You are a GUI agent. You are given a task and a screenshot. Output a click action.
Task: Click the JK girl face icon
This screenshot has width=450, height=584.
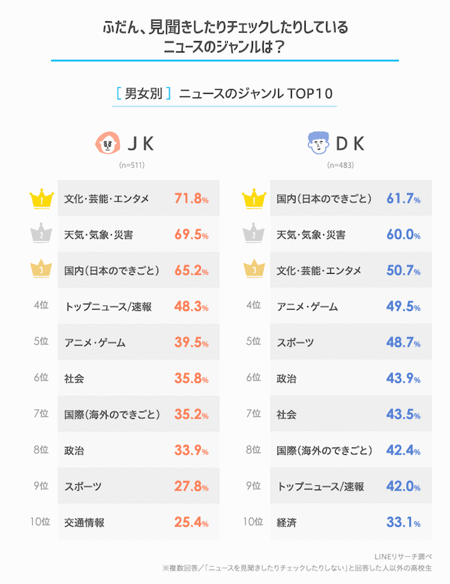[x=108, y=142]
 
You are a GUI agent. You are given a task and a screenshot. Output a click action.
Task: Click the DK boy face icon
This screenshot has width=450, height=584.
[x=319, y=142]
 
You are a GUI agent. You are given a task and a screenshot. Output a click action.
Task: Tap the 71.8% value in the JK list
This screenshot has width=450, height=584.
[x=191, y=199]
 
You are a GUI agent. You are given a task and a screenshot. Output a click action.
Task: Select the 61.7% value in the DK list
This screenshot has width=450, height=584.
[x=403, y=199]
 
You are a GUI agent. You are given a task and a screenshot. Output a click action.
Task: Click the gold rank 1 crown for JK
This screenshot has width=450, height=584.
[x=42, y=199]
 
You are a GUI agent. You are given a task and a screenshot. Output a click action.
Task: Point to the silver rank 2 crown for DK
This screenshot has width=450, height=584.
[x=253, y=233]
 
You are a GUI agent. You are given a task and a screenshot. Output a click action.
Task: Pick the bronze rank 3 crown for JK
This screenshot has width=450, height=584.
[x=41, y=268]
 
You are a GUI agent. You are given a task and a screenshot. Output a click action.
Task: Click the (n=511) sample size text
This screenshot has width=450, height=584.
[x=132, y=165]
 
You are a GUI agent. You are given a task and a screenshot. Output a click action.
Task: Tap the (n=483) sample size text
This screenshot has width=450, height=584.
[x=340, y=165]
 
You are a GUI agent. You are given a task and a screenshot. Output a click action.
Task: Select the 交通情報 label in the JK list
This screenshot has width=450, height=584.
[x=84, y=523]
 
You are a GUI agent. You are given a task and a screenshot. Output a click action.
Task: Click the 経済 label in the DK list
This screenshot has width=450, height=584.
[x=286, y=523]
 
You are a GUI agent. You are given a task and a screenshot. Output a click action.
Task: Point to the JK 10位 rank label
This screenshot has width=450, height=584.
[x=40, y=522]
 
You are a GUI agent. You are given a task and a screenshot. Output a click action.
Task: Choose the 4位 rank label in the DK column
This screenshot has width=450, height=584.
[x=253, y=305]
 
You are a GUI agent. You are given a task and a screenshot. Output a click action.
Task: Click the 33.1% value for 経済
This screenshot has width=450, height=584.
[x=403, y=523]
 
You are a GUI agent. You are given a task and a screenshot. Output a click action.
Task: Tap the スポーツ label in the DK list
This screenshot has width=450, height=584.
[x=295, y=343]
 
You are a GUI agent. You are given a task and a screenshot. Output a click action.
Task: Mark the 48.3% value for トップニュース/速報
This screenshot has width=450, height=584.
[x=191, y=307]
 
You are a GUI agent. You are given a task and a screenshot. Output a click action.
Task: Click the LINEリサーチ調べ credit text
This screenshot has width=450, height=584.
[x=403, y=557]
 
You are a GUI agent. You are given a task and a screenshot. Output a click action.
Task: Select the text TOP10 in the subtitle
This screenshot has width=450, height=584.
[x=310, y=94]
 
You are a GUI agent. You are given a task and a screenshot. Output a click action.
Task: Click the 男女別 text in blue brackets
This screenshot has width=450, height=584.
[x=143, y=93]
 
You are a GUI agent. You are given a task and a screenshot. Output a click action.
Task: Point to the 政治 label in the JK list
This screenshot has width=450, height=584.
[x=74, y=451]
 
